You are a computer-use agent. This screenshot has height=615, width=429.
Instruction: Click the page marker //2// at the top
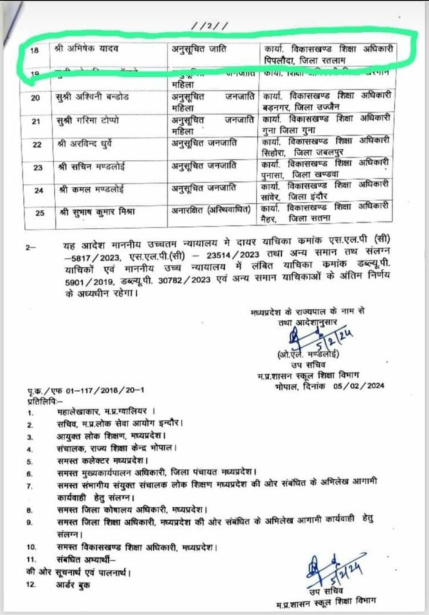[206, 26]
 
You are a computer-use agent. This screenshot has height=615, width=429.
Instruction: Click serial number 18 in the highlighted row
[34, 50]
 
